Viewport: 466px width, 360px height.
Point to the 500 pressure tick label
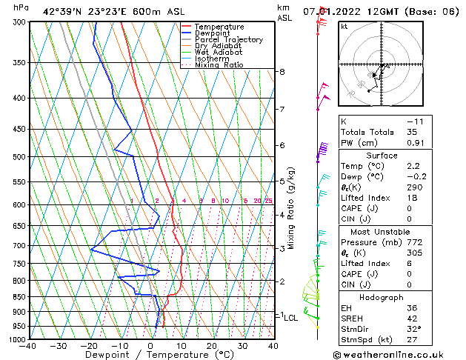click(x=17, y=157)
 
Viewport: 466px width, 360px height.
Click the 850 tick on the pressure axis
click(x=17, y=297)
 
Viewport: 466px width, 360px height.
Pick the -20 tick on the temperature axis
click(x=89, y=346)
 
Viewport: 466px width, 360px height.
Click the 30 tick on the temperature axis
click(x=242, y=346)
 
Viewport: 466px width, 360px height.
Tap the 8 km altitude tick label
click(x=282, y=72)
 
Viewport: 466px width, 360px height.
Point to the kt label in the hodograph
click(x=344, y=27)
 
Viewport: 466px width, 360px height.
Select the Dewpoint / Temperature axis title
click(x=150, y=356)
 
